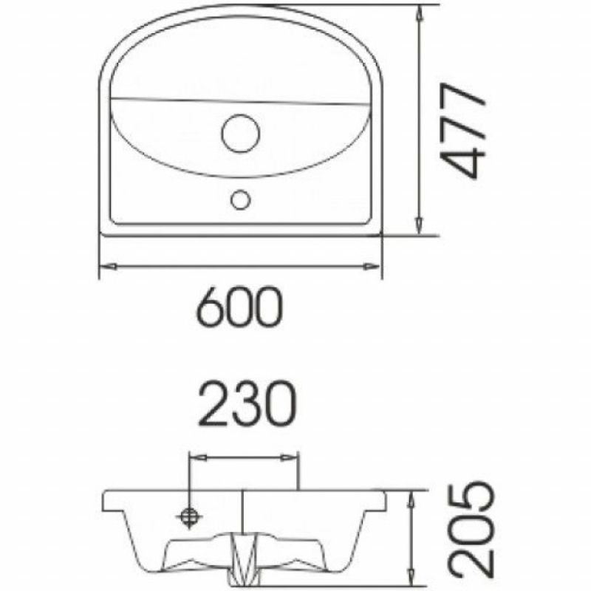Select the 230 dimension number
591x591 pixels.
pos(247,406)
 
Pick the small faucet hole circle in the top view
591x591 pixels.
pos(241,199)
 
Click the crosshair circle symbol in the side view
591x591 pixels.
pos(191,516)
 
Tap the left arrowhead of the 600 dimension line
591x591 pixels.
pos(105,266)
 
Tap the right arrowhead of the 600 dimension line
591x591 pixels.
pos(377,266)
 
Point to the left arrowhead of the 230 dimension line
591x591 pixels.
pos(196,458)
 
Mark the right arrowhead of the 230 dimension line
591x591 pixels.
pos(295,458)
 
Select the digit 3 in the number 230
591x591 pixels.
pos(247,406)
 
